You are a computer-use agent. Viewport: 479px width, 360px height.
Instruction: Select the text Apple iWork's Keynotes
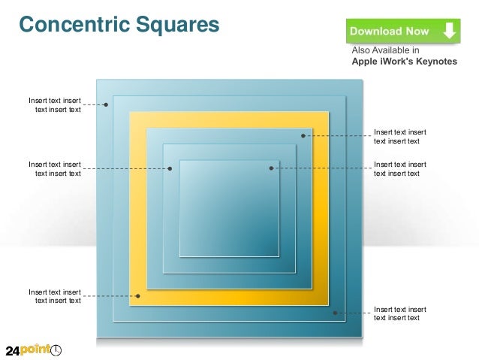click(x=404, y=62)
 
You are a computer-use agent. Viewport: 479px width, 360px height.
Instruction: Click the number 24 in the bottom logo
click(x=17, y=350)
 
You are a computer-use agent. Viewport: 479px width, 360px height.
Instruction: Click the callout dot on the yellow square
click(x=137, y=296)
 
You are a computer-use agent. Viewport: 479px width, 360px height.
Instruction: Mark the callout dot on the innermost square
click(x=271, y=168)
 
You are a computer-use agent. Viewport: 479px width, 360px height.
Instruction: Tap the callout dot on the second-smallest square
click(x=170, y=168)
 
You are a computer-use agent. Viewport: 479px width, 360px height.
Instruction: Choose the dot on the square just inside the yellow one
click(x=303, y=136)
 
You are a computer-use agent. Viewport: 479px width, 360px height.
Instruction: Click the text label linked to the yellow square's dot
click(x=55, y=296)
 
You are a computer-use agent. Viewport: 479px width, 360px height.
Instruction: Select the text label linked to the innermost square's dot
click(x=400, y=168)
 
